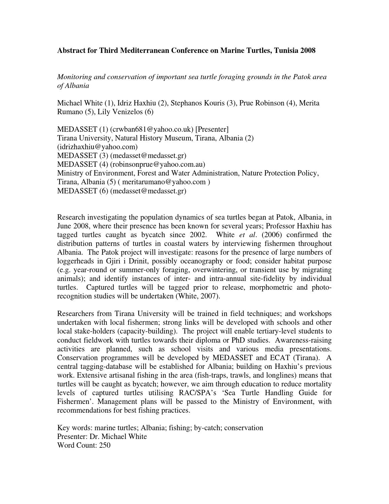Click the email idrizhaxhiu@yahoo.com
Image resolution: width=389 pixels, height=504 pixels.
97,147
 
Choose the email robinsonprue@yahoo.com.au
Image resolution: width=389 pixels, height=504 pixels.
157,164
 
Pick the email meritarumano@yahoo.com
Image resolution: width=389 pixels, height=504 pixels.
164,182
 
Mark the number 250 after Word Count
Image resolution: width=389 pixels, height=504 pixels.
105,445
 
